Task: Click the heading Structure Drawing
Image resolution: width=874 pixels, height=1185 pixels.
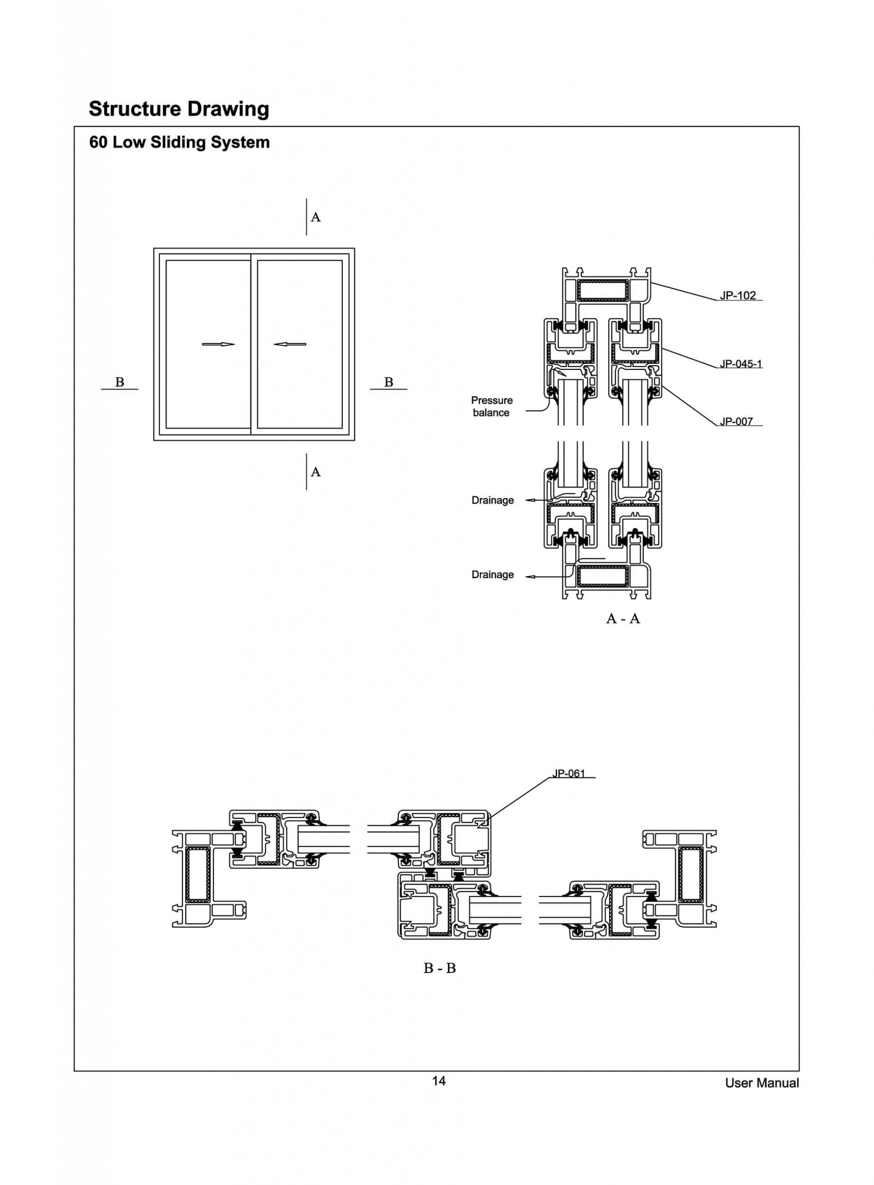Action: coord(179,109)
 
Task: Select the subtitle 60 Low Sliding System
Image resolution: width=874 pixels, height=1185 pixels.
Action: coord(179,142)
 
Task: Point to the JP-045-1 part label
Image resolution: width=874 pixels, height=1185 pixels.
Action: coord(740,363)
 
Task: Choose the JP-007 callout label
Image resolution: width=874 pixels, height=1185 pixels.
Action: coord(736,421)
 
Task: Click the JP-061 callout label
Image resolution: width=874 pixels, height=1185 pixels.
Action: coord(569,773)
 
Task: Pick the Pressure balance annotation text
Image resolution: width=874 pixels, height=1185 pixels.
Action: coord(491,406)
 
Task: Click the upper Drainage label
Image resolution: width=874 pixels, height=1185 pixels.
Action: coord(492,500)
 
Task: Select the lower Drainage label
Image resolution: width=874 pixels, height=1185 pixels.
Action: coord(492,574)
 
